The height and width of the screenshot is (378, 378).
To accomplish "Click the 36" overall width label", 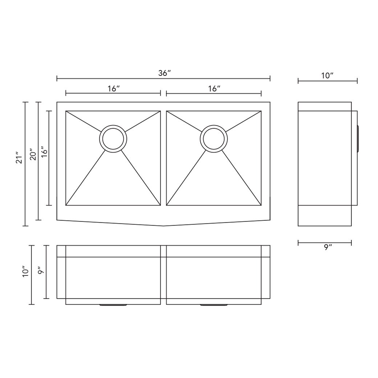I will [164, 73].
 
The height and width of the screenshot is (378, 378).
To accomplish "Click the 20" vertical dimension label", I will [33, 154].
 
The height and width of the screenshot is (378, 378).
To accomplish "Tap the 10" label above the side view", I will [327, 76].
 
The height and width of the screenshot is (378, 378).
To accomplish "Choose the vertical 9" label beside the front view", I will [40, 270].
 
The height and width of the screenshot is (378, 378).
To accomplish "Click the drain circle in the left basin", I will [113, 138].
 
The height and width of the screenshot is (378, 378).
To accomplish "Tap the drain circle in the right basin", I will [214, 138].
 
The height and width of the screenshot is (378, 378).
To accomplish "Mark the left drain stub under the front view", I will [113, 305].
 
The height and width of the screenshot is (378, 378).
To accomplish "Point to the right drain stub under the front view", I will [214, 305].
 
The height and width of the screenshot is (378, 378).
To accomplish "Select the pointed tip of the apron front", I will [163, 226].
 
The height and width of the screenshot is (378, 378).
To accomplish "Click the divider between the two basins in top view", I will [163, 157].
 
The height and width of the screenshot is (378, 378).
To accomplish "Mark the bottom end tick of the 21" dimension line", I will [25, 226].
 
